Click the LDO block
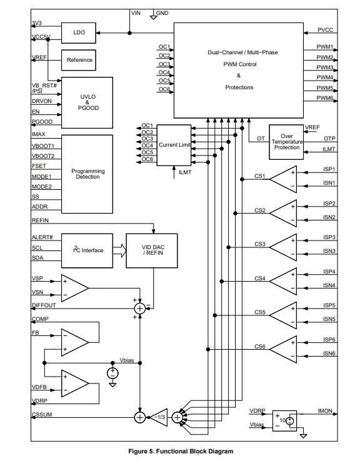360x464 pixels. tap(79, 33)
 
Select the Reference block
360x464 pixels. tap(79, 60)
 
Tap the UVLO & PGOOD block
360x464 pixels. tap(87, 102)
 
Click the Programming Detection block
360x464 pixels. tap(87, 174)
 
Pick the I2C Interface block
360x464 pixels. tap(87, 250)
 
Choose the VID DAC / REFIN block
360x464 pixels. tap(152, 250)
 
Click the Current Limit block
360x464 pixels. tap(174, 145)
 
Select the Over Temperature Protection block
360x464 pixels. tap(286, 142)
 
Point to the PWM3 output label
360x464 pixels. tap(325, 67)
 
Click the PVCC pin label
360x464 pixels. tap(325, 30)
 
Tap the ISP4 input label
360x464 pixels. tap(329, 272)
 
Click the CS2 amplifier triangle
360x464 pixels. tap(283, 214)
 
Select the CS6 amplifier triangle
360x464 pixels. tap(283, 350)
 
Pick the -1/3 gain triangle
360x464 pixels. tap(159, 417)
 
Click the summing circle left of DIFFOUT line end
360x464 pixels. tap(140, 309)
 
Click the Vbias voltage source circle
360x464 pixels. tap(112, 373)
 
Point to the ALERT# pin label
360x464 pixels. tap(42, 237)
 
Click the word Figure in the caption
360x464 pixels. tap(138, 452)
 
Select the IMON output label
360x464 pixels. tap(325, 411)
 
